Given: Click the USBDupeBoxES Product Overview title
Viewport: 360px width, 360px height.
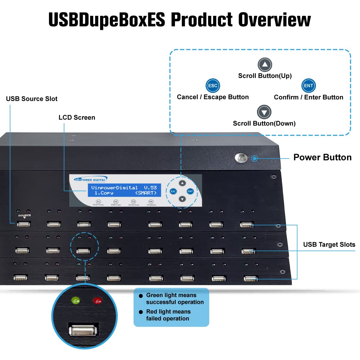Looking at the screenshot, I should tap(180, 20).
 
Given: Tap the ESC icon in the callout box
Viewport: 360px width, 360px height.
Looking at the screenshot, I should tap(212, 86).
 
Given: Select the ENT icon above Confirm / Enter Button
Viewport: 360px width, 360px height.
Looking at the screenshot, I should tap(309, 86).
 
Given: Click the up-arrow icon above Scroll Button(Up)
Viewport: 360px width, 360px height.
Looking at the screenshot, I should tap(265, 65).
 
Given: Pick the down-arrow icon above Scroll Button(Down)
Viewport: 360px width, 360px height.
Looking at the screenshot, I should tap(264, 113).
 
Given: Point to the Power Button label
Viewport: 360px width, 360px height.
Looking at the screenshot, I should tap(322, 157).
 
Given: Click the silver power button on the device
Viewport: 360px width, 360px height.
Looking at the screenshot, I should tap(241, 157).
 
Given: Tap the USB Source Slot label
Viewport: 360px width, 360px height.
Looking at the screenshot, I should tap(32, 99).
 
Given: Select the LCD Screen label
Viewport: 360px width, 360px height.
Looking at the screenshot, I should tap(77, 117).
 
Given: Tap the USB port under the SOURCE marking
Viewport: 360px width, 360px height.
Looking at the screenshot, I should tap(23, 224).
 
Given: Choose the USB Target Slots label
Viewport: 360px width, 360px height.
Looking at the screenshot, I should tap(329, 245).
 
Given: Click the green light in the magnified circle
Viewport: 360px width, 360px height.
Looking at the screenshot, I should tap(76, 300).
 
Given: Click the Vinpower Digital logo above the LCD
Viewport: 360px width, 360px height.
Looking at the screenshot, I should tap(90, 179).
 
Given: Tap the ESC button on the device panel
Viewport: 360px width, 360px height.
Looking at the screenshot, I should tap(173, 191).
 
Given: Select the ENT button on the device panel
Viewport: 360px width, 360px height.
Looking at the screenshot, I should tap(190, 191).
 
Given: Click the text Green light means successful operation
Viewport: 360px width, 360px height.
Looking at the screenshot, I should tap(175, 299).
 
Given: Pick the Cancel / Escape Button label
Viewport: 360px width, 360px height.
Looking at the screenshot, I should tap(213, 97).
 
